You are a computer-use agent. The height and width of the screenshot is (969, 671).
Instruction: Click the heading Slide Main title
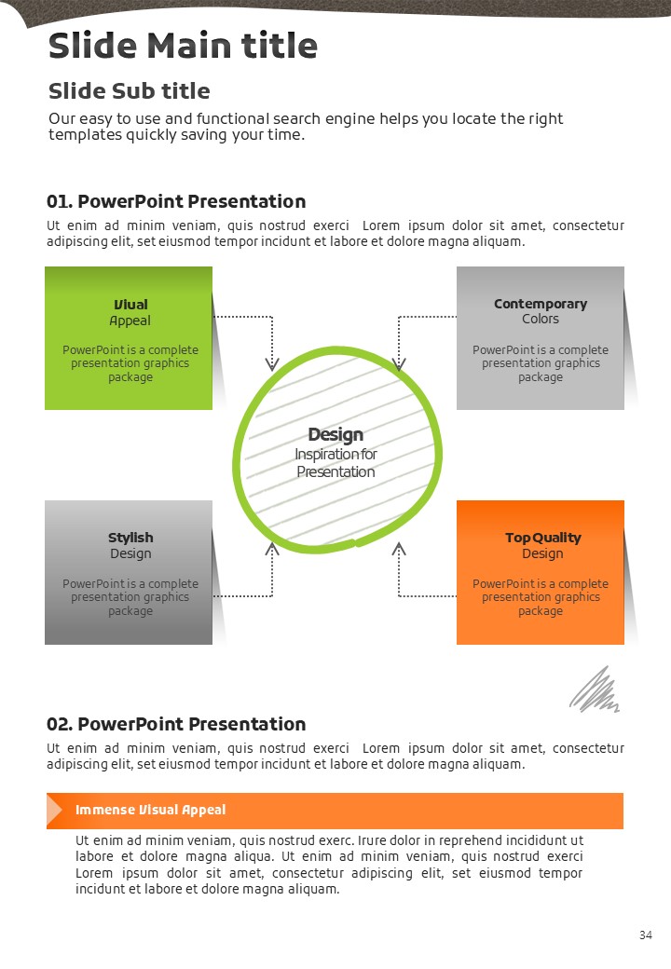point(183,46)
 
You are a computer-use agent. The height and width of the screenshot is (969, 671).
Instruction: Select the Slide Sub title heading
point(129,91)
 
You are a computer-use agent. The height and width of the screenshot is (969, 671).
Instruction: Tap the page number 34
point(646,935)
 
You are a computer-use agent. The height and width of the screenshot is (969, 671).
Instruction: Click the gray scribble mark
point(595,691)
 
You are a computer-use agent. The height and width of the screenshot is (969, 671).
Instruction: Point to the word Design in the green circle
point(335,434)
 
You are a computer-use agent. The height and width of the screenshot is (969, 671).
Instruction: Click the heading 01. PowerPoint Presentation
point(176,201)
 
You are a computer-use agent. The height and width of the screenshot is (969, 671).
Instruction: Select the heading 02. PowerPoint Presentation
point(176,724)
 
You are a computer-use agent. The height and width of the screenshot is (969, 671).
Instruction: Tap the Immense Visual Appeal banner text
point(150,810)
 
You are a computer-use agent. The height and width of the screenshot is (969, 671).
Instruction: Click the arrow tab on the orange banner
point(54,811)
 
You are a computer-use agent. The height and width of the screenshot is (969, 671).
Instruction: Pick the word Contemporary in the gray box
point(541,304)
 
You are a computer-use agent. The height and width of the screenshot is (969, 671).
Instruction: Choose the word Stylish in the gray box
point(130,538)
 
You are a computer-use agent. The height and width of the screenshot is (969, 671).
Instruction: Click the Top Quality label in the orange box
point(542,538)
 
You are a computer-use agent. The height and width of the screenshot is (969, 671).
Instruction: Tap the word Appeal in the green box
point(130,321)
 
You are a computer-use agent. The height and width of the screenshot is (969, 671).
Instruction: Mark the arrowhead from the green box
point(272,363)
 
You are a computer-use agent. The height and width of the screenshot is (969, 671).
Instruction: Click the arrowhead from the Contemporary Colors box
point(399,363)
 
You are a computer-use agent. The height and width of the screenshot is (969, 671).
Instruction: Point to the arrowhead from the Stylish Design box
point(272,549)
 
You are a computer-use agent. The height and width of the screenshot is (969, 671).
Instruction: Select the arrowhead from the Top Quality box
point(399,549)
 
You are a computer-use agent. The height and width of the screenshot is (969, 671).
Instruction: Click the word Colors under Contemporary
point(541,319)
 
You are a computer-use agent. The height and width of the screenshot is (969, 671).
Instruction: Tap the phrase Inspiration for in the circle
point(335,455)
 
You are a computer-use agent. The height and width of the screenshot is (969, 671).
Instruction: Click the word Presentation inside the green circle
point(335,471)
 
